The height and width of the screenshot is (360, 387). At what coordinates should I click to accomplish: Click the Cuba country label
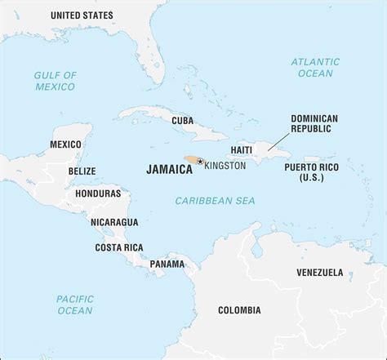(182, 120)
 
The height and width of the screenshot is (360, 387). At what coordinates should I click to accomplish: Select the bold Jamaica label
(169, 170)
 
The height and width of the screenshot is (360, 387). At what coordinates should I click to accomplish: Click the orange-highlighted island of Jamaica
(191, 161)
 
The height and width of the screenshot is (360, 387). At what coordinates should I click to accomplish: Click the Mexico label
(65, 144)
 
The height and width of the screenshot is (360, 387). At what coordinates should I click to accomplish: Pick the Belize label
(82, 171)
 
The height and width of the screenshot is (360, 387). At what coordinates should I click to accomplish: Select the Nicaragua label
(114, 221)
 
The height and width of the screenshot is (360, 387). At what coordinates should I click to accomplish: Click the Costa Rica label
(119, 247)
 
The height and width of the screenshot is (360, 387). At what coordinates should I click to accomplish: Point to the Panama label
(167, 264)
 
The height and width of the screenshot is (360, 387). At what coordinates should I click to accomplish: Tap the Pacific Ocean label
(75, 305)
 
